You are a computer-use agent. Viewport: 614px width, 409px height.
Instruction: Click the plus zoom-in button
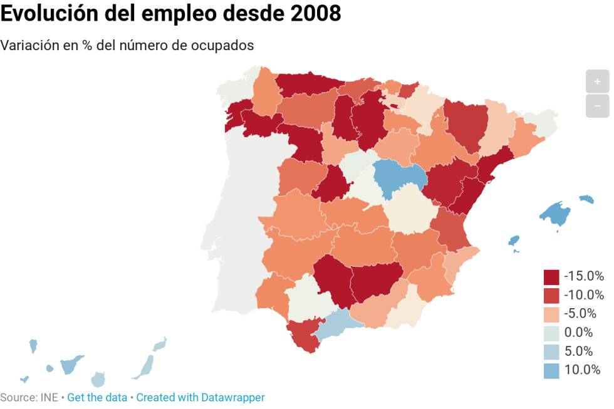point(597,81)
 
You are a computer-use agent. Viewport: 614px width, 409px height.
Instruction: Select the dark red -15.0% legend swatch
point(551,276)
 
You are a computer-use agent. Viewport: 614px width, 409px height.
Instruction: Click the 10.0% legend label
point(582,370)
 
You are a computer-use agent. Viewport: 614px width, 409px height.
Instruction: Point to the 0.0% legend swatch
point(551,333)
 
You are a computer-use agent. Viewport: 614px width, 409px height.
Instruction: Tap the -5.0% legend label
point(583,313)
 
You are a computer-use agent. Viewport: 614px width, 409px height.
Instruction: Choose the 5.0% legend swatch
point(551,351)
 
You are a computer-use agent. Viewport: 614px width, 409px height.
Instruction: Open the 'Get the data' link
point(96,397)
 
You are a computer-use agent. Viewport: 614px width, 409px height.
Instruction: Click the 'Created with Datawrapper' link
point(200,397)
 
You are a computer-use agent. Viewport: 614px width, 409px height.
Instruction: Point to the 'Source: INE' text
point(29,397)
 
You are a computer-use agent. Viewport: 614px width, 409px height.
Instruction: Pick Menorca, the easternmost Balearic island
point(586,199)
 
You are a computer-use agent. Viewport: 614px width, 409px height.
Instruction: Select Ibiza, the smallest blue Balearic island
point(514,241)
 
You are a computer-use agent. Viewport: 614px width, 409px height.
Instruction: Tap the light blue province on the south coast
point(338,323)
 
